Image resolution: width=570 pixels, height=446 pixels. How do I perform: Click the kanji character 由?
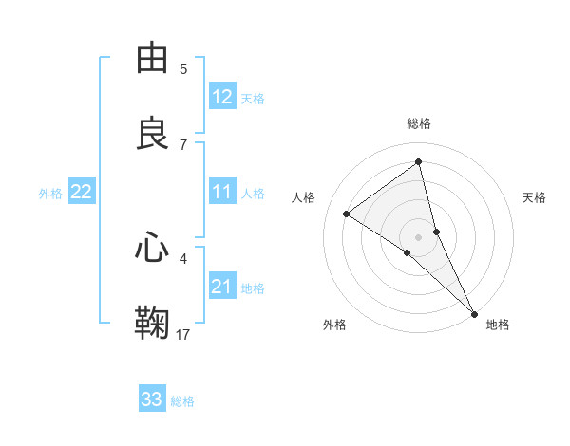153,59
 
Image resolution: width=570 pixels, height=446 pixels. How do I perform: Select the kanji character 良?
153,133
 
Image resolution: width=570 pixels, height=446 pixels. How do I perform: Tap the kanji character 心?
153,249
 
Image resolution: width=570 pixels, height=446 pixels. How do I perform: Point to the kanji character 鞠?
153,323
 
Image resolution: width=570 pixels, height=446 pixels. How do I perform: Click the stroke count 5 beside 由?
183,69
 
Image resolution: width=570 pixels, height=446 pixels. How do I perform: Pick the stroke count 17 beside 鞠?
183,333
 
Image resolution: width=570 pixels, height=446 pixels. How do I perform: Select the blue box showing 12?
222,97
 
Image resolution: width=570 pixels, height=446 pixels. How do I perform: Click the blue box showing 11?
222,192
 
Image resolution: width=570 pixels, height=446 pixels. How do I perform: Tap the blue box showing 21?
222,287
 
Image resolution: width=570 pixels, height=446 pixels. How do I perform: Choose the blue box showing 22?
82,192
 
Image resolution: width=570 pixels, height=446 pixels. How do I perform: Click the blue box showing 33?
152,400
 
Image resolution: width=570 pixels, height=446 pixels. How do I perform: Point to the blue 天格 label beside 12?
253,99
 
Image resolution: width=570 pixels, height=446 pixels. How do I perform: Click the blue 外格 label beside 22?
50,194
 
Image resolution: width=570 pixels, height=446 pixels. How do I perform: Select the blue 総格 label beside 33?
182,401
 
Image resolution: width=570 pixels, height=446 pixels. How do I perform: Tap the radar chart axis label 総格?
419,123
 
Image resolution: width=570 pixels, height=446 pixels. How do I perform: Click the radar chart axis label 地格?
498,325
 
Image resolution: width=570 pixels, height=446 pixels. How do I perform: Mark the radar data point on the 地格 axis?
474,313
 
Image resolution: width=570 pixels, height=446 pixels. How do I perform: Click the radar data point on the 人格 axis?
346,214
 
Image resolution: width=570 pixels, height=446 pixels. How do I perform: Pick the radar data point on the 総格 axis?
419,161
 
